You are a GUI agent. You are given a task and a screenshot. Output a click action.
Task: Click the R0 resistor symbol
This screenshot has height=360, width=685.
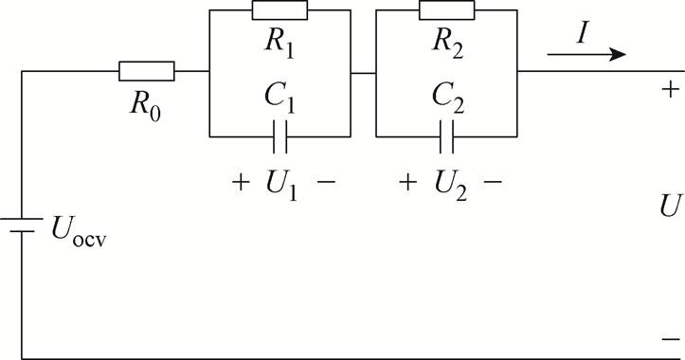point(147,71)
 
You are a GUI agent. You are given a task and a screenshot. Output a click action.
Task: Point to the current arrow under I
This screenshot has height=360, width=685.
point(586,55)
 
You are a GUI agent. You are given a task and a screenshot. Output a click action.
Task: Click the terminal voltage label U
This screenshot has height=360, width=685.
point(670,207)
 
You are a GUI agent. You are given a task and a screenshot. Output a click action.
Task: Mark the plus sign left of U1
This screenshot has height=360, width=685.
point(239,180)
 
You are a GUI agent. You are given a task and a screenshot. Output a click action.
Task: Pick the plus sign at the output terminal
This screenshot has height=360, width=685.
point(670,90)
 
